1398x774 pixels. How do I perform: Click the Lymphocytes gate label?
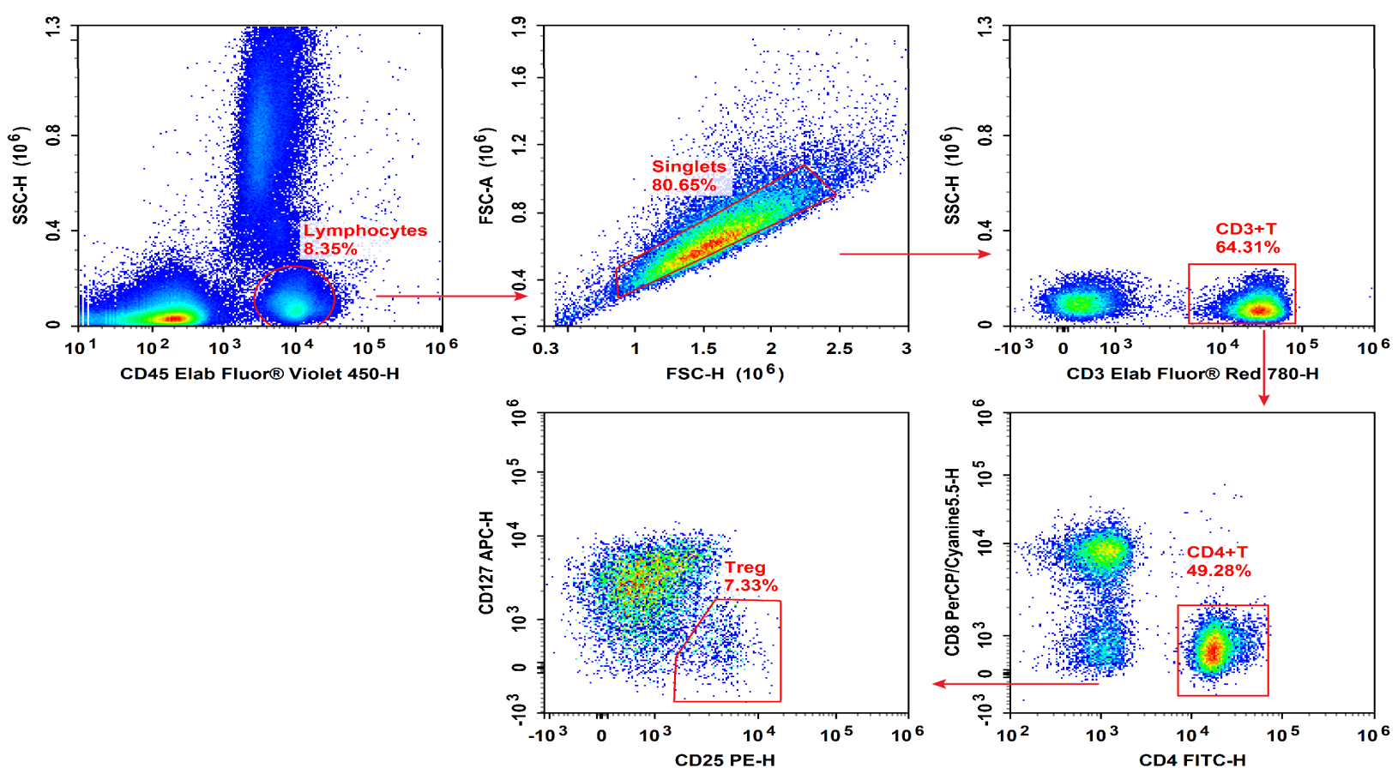[x=365, y=231]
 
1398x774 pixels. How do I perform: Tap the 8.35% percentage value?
[x=329, y=249]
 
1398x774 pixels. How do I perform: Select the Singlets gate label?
[x=689, y=166]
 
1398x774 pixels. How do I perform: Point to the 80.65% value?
[x=684, y=185]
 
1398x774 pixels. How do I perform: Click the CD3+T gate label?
[x=1245, y=229]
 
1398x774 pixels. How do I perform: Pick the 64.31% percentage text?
[x=1247, y=248]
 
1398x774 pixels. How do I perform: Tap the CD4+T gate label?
[x=1216, y=552]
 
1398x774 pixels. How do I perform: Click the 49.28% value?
[x=1218, y=571]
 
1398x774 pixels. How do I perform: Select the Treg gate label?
[x=744, y=567]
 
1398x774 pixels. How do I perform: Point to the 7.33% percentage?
[x=750, y=586]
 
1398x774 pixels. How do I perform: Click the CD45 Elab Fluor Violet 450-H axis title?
[x=259, y=374]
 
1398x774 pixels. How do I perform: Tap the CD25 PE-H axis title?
[x=725, y=760]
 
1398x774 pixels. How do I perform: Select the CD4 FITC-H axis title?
[x=1192, y=760]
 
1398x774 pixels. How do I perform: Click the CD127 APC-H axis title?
[x=486, y=563]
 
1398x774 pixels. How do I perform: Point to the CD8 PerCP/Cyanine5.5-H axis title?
[x=952, y=562]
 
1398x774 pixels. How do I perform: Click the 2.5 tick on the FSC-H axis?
[x=839, y=349]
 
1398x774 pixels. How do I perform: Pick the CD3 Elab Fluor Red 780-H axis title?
[x=1192, y=374]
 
